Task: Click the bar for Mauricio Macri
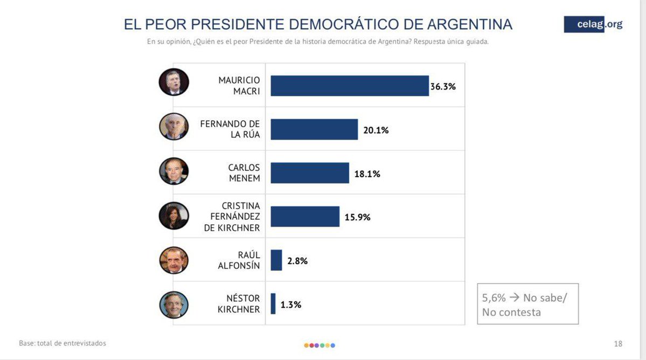[x=349, y=86]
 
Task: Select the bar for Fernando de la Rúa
[x=314, y=129]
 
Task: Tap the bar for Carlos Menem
[x=310, y=173]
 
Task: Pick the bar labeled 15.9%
[x=305, y=217]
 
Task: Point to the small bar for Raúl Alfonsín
[x=276, y=260]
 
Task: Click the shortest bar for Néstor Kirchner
[x=273, y=304]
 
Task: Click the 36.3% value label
[x=443, y=86]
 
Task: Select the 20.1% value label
[x=376, y=130]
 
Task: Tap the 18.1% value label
[x=367, y=174]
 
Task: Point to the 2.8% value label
[x=297, y=261]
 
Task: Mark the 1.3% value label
[x=291, y=304]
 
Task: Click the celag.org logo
[x=593, y=24]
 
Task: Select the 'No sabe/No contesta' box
[x=527, y=304]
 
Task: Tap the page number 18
[x=618, y=344]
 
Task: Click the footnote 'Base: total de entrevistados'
[x=62, y=343]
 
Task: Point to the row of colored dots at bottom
[x=319, y=345]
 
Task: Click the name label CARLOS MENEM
[x=244, y=173]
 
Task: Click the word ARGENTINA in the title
[x=469, y=24]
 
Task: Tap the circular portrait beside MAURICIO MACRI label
[x=173, y=82]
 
